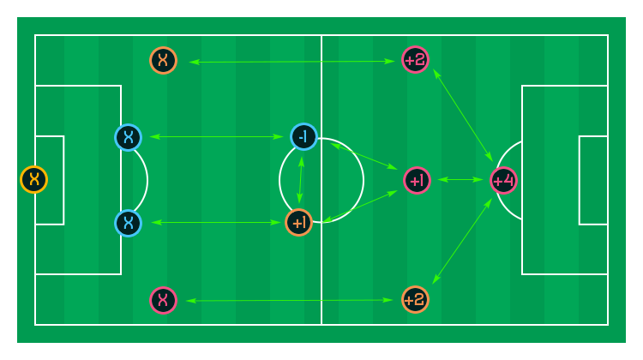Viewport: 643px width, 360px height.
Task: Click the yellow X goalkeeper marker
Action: click(x=34, y=180)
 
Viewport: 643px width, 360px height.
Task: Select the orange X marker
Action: click(x=163, y=60)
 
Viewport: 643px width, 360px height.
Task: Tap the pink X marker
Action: click(x=163, y=300)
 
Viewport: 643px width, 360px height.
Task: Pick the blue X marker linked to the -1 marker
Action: click(x=129, y=137)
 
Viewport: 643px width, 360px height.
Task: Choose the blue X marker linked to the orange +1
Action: click(x=129, y=223)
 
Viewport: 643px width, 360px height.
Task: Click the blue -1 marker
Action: click(x=303, y=136)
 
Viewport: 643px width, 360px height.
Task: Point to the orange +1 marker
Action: click(x=299, y=223)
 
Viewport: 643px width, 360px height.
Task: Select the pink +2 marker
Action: click(x=416, y=60)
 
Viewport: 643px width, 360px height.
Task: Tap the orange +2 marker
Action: click(x=416, y=300)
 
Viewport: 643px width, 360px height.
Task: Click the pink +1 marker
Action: click(x=417, y=180)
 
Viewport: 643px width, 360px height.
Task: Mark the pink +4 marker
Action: click(x=503, y=180)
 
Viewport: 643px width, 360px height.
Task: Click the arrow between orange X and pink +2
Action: click(x=292, y=62)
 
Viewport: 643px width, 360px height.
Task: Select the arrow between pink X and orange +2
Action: click(x=290, y=301)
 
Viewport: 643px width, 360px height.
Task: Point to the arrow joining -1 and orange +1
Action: click(x=301, y=180)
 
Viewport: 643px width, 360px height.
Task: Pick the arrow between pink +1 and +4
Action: click(x=460, y=180)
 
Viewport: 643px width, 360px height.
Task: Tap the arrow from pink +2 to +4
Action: click(x=463, y=115)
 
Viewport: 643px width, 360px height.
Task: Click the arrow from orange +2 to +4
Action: click(x=462, y=241)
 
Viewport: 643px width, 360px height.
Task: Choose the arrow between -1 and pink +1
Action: click(x=364, y=156)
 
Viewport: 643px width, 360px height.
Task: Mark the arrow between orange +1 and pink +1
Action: click(x=359, y=207)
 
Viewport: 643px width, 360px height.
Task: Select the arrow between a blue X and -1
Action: click(x=217, y=136)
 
